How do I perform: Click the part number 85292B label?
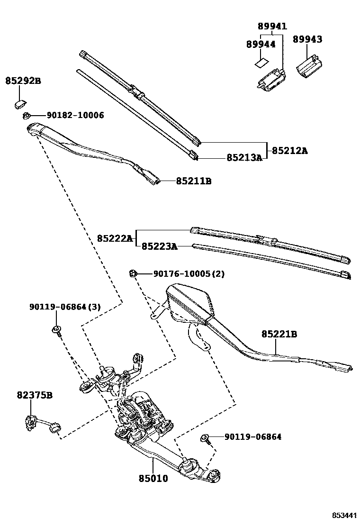pos(23,81)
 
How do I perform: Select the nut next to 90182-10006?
pos(27,116)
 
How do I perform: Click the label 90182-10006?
pos(75,116)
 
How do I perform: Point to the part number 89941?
pos(272,26)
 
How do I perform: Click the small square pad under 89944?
pos(260,62)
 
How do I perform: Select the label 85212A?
pos(289,151)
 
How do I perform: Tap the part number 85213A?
pos(244,158)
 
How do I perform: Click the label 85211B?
pos(194,181)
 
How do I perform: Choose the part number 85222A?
pos(115,238)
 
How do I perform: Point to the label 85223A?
pos(160,246)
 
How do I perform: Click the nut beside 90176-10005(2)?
pos(133,273)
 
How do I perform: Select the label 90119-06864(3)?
pos(65,307)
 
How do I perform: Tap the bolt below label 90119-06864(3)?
pos(56,330)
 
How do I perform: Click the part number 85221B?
pos(279,334)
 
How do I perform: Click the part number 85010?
pos(153,479)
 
